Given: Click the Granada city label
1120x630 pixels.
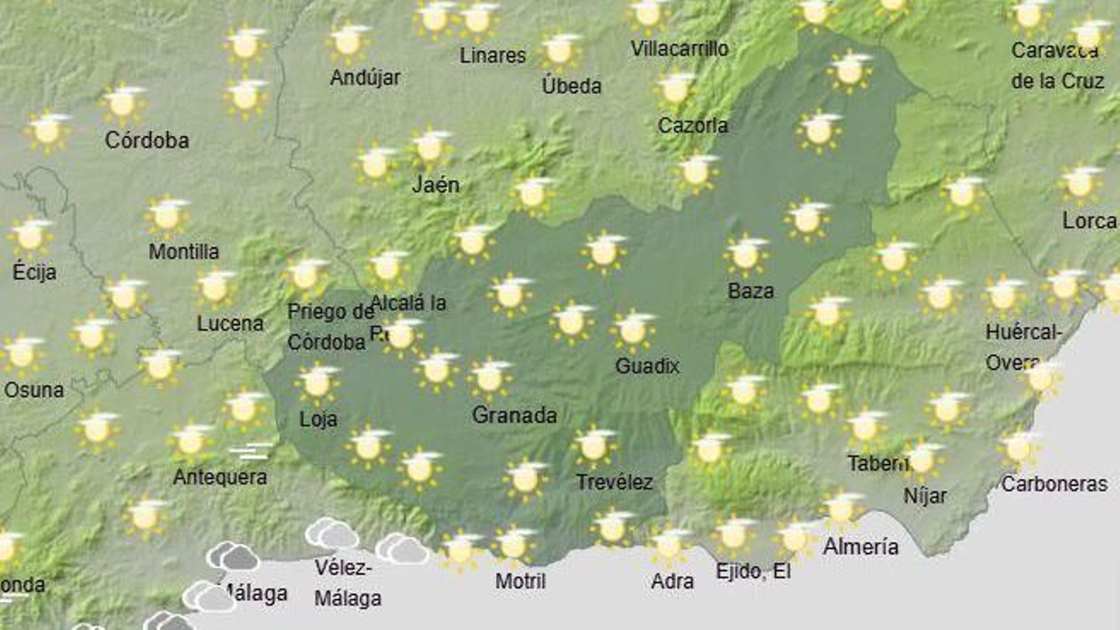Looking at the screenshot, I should point(514,415).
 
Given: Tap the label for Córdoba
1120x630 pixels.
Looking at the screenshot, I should point(147,140).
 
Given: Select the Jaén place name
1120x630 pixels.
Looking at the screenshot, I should point(435,185).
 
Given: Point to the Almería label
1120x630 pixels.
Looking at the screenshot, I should point(860,546).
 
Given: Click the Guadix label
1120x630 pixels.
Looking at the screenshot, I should point(647,365).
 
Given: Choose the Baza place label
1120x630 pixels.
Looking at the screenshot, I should point(750,290).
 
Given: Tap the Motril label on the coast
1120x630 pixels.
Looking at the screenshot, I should point(520,580).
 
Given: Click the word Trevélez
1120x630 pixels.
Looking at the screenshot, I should point(614,482).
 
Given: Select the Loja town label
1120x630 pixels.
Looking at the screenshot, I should point(318,419).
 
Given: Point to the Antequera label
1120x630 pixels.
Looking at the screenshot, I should point(220,477).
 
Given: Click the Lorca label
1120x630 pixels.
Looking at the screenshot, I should point(1089,221).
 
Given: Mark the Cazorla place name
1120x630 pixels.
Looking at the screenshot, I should point(692,126).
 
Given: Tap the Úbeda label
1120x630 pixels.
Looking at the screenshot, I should point(571,86).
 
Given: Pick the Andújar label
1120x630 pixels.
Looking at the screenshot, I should point(365,77).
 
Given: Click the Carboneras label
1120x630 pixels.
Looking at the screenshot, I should point(1054,484).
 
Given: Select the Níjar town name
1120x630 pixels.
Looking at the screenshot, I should point(925,496).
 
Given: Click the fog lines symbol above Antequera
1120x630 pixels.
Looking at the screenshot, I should point(251,451).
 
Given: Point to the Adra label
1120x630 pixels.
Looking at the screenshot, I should point(672,581).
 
